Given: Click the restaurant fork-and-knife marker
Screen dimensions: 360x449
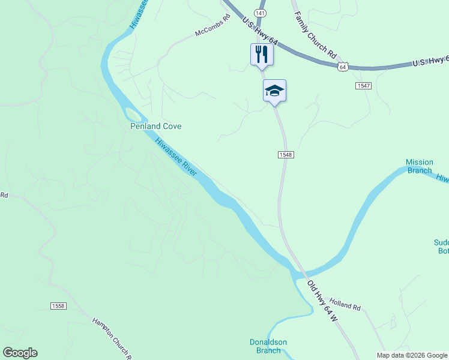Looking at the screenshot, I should click(x=262, y=55).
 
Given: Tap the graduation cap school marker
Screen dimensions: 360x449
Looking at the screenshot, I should click(x=274, y=91).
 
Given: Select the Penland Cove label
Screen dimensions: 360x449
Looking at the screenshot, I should click(x=156, y=127).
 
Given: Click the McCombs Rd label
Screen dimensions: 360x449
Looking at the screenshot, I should click(x=212, y=27).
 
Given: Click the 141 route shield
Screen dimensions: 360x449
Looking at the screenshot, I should click(x=259, y=13).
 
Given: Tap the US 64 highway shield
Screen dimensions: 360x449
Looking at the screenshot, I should click(x=342, y=67).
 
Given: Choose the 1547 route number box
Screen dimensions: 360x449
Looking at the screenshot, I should click(x=363, y=86).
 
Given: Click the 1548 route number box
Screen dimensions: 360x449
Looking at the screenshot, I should click(x=286, y=155).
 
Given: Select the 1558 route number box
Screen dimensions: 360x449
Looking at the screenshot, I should click(x=58, y=306).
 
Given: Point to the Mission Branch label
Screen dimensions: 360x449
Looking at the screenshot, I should click(x=419, y=166).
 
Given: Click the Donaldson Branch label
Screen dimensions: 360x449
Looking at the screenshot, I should click(x=268, y=346).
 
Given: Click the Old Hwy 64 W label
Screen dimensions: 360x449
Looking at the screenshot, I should click(x=322, y=302).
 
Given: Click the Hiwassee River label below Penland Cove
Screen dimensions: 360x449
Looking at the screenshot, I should click(x=176, y=157).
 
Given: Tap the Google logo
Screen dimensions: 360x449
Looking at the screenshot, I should click(x=20, y=353).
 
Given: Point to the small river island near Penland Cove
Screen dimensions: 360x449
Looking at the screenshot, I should click(x=133, y=113).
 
